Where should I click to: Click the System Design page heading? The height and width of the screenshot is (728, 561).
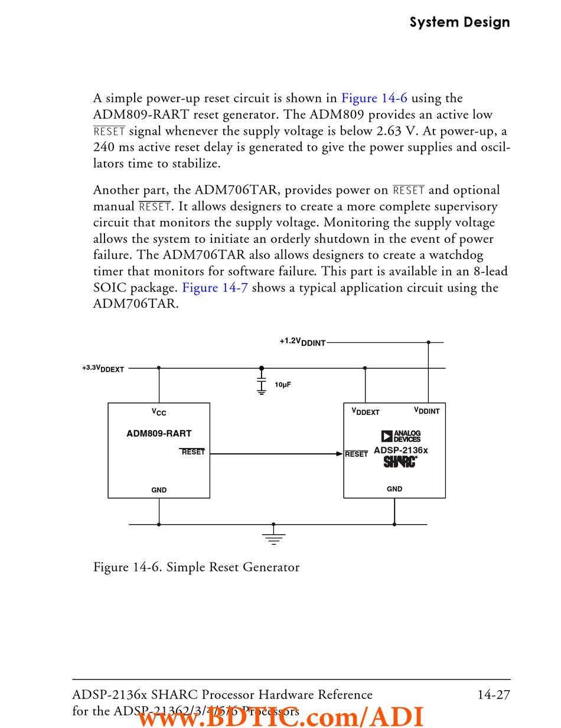tap(459, 22)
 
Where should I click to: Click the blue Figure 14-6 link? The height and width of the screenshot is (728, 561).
tap(374, 98)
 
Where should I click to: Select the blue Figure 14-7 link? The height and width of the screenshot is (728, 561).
tap(215, 288)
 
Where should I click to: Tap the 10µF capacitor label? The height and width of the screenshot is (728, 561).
tap(283, 385)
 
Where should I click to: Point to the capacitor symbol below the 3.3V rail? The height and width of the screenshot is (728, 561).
tap(262, 382)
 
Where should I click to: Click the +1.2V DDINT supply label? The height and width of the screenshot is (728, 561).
tap(302, 342)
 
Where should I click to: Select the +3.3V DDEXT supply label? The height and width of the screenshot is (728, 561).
tap(103, 368)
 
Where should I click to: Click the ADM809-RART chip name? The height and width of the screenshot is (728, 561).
tap(159, 434)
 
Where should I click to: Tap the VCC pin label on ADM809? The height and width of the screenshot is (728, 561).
tap(159, 412)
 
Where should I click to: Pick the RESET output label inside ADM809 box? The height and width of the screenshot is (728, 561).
tap(193, 452)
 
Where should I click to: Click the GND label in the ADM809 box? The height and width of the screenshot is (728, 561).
tap(159, 490)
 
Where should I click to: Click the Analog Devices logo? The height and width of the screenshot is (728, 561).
tap(401, 436)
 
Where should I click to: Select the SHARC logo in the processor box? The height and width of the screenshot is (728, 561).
tap(400, 461)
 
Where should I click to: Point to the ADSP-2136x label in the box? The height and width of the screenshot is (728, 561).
tap(400, 450)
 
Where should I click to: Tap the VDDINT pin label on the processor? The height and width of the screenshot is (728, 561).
tap(426, 411)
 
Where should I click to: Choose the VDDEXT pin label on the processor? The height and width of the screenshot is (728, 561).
tap(366, 411)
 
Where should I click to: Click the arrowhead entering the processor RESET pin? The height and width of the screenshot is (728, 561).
tap(340, 454)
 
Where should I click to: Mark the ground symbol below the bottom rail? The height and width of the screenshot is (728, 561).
tap(273, 537)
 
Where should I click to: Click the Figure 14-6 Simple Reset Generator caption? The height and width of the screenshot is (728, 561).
tap(196, 567)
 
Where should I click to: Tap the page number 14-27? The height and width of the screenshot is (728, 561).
tap(494, 695)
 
